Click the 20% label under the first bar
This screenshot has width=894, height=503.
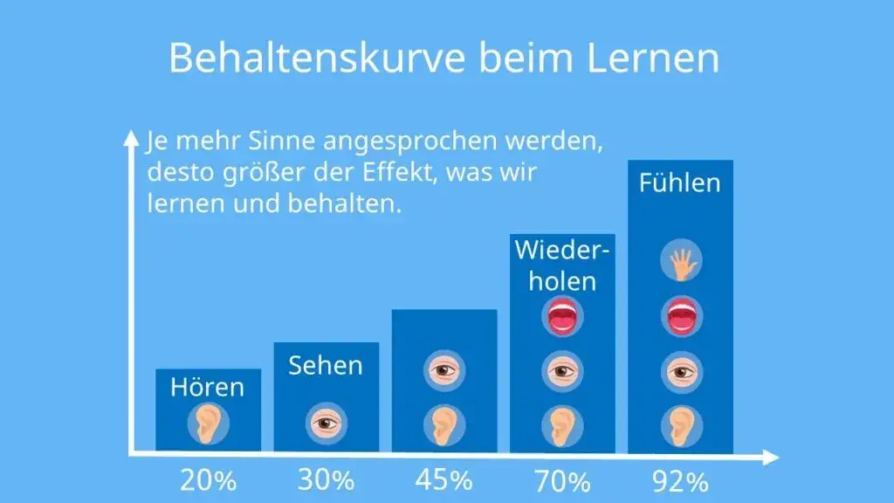click(208, 480)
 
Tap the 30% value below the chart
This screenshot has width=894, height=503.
click(326, 479)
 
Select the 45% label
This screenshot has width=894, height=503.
click(444, 479)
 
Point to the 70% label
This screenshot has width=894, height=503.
click(562, 480)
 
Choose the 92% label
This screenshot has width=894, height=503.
click(680, 480)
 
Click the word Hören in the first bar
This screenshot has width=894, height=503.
click(208, 386)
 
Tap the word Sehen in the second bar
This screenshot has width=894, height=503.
click(326, 364)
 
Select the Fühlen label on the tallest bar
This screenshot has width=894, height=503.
click(680, 183)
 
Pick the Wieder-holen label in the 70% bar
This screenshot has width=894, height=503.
click(562, 265)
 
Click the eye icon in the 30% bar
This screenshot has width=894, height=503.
click(326, 424)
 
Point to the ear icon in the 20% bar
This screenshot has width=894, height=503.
click(208, 425)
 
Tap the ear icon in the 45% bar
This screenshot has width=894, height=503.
click(444, 425)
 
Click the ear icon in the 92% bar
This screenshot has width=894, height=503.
click(680, 425)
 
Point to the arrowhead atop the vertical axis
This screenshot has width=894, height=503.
click(131, 136)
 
